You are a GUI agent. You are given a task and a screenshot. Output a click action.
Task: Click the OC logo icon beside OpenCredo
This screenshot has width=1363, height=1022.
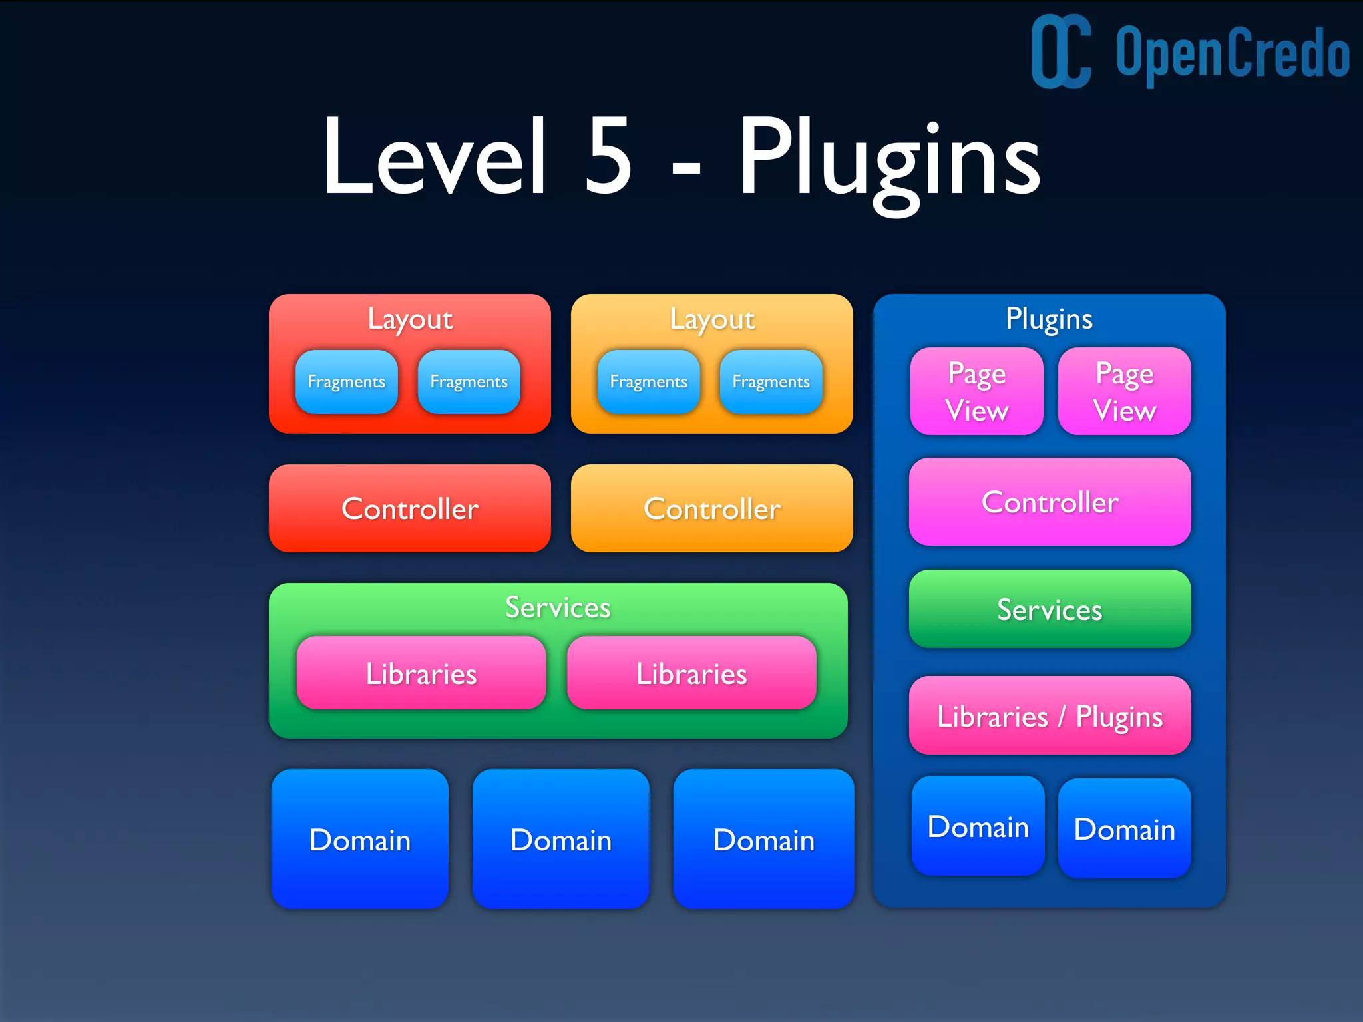click(x=1060, y=52)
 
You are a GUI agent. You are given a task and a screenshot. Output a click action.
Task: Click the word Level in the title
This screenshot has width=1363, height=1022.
click(x=436, y=158)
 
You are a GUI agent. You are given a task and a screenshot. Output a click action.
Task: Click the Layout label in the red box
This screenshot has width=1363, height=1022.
click(x=410, y=319)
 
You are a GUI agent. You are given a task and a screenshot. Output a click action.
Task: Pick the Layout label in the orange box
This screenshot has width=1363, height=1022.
click(x=712, y=319)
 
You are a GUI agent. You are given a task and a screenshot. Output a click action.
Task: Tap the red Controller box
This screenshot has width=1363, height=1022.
click(x=410, y=508)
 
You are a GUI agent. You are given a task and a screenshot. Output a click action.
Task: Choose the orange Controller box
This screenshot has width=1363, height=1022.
click(x=712, y=508)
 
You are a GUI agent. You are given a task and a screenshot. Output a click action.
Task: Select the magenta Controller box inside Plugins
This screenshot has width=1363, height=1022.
click(x=1050, y=502)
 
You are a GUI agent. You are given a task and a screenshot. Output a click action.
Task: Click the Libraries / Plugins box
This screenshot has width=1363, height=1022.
click(x=1050, y=716)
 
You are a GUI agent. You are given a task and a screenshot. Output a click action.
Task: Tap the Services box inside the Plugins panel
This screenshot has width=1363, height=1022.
click(x=1050, y=609)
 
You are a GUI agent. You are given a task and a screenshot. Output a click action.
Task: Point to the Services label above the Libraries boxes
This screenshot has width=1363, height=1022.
click(x=558, y=607)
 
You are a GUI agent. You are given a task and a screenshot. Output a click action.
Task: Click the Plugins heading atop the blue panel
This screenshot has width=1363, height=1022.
click(x=1049, y=319)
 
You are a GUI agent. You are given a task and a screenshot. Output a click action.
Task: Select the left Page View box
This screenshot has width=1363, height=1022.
click(x=976, y=391)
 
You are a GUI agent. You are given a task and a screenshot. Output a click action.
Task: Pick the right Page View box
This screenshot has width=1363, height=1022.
click(x=1124, y=391)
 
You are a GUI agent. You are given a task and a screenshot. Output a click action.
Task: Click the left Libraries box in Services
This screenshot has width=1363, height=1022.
click(x=421, y=673)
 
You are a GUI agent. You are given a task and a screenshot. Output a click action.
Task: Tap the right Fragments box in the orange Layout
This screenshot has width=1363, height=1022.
click(x=771, y=382)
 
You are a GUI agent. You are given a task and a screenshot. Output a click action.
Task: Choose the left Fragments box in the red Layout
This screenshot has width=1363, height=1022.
click(x=346, y=382)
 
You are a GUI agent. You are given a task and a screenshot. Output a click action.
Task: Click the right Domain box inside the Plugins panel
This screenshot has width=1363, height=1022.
click(x=1124, y=829)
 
